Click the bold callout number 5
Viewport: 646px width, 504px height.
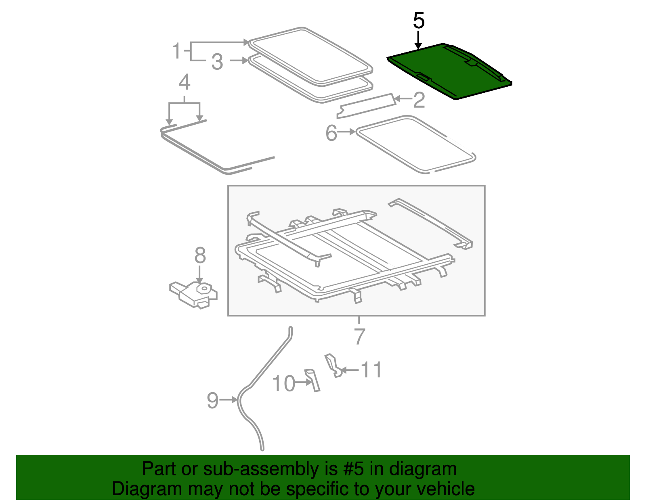tap(419, 21)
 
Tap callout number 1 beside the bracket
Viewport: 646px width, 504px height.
tap(176, 51)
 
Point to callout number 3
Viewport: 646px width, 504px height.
tap(217, 62)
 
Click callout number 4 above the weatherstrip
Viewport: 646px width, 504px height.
tap(185, 82)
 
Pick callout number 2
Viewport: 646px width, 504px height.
tap(419, 100)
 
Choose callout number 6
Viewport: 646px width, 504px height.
tap(331, 133)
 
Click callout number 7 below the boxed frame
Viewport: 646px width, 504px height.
tap(359, 336)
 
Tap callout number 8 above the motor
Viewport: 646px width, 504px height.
tap(200, 255)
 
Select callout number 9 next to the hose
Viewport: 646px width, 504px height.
tap(212, 400)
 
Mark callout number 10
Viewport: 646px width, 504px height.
tap(284, 383)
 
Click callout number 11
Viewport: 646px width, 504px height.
tap(371, 370)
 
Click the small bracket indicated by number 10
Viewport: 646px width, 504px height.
tap(313, 380)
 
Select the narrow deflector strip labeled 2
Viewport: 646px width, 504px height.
tap(365, 106)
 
